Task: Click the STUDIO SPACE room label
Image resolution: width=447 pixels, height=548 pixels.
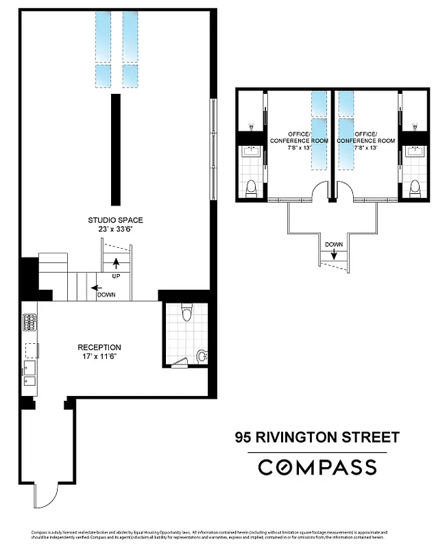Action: (x=115, y=220)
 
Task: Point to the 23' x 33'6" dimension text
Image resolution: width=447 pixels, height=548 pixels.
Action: (x=115, y=230)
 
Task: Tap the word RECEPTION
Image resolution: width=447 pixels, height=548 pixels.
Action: (x=99, y=347)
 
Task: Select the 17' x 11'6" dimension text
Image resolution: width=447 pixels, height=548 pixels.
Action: (x=99, y=357)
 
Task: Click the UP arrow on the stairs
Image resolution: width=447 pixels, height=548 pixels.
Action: (x=115, y=262)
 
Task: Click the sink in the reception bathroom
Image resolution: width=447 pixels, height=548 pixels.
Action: (x=200, y=355)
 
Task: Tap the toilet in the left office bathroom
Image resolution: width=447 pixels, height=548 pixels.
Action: (x=251, y=187)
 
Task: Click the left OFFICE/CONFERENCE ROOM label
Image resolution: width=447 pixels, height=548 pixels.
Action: (x=299, y=137)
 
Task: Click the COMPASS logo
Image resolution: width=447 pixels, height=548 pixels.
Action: (x=317, y=467)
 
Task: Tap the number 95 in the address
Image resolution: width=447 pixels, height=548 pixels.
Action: (x=242, y=436)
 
